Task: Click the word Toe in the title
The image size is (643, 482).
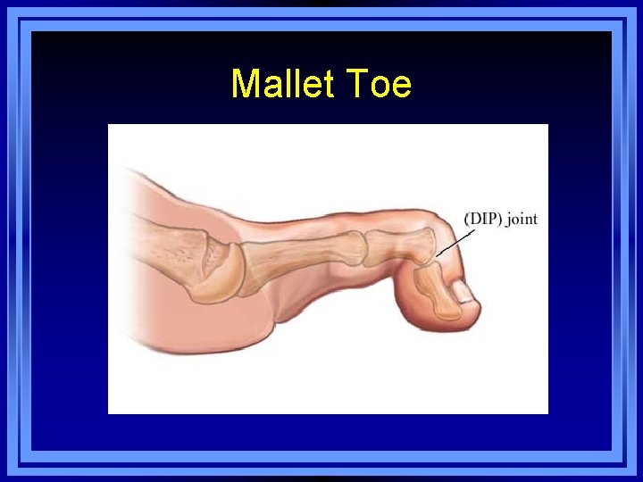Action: click(x=378, y=85)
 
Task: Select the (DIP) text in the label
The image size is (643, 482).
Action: click(x=483, y=219)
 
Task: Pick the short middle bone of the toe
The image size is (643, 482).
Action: click(x=398, y=245)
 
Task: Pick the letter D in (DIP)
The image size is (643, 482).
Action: click(x=473, y=219)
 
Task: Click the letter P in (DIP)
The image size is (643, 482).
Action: click(x=494, y=219)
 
